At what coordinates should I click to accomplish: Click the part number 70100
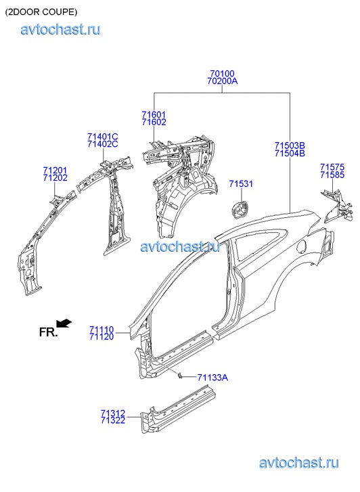(x=222, y=73)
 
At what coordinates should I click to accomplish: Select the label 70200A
(x=222, y=81)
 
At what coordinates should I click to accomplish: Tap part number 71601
(x=154, y=114)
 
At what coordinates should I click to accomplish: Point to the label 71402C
(x=103, y=144)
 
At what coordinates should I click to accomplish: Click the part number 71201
(x=55, y=171)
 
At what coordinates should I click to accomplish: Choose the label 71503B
(x=290, y=146)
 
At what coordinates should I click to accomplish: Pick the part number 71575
(x=332, y=167)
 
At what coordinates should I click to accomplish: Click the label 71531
(x=241, y=183)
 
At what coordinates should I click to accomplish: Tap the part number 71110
(x=102, y=330)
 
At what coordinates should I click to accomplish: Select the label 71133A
(x=212, y=377)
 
